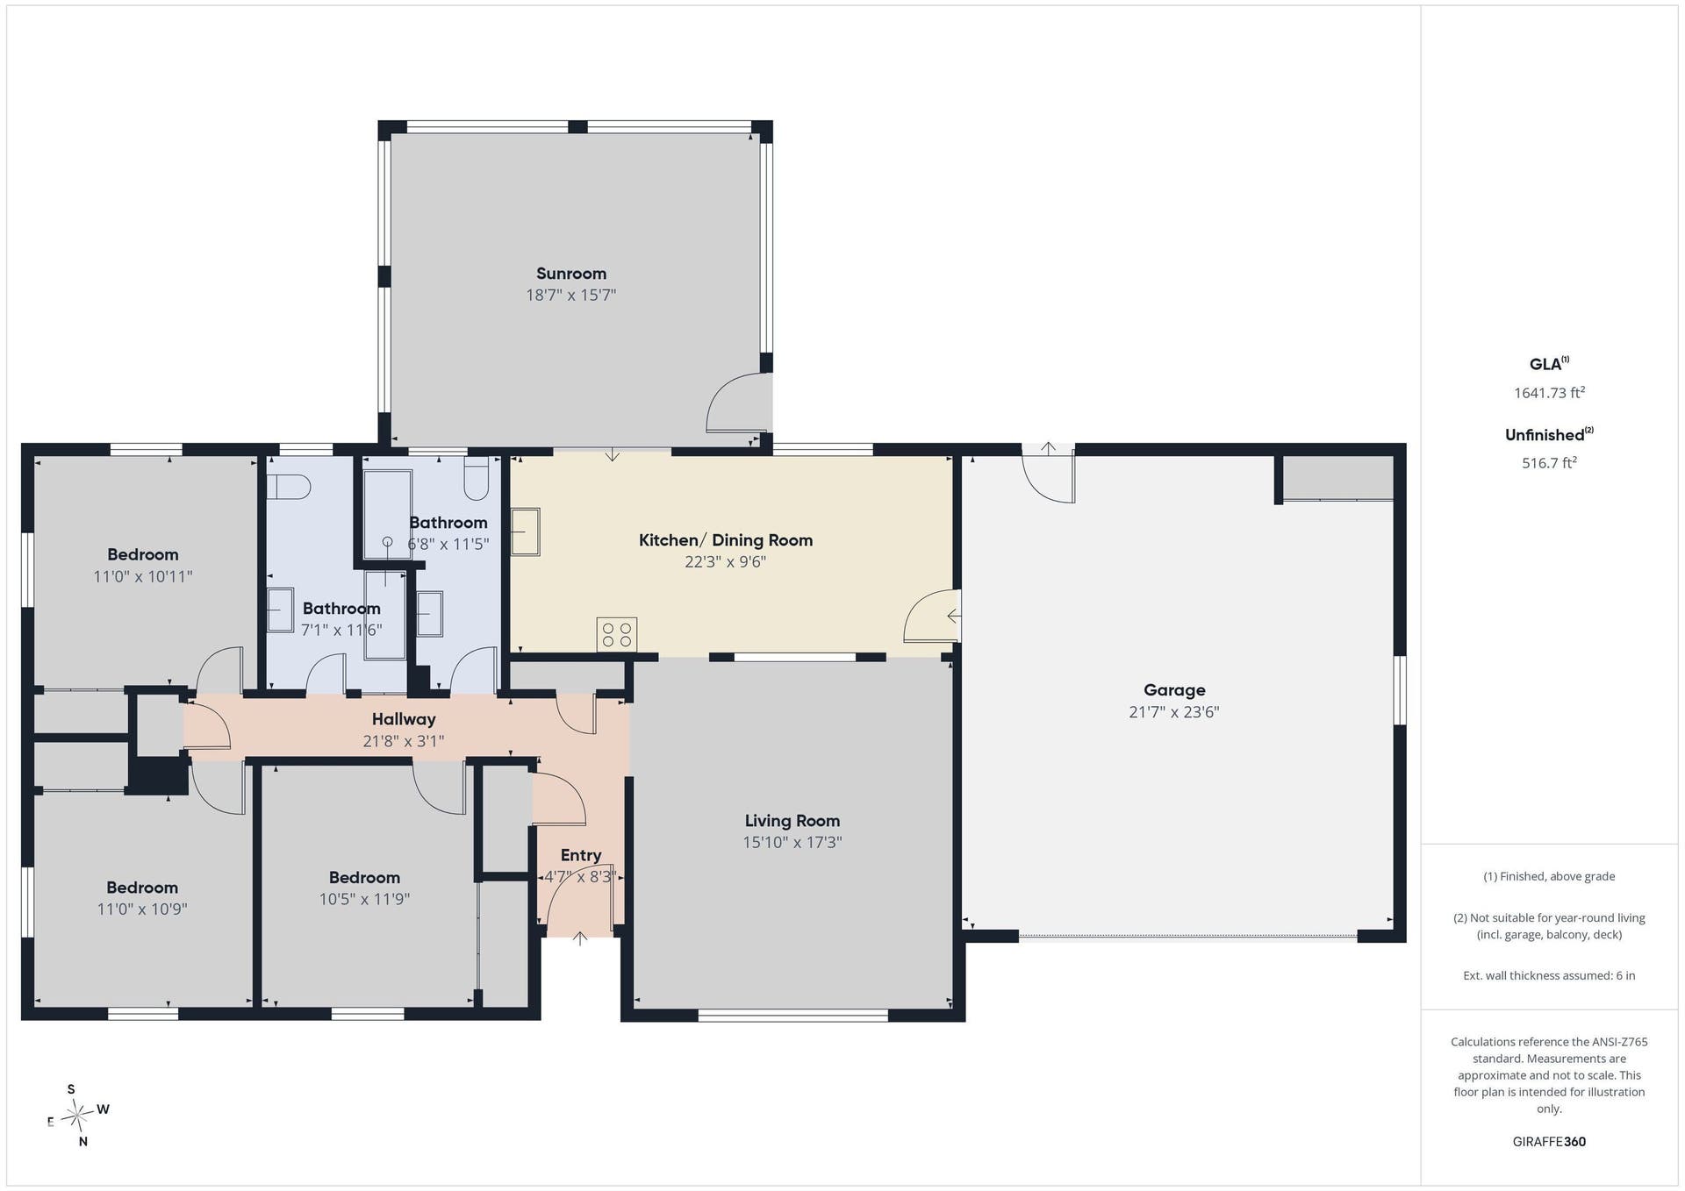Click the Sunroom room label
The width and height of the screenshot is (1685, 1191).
pos(571,274)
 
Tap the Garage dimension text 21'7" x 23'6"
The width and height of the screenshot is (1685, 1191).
pos(1174,712)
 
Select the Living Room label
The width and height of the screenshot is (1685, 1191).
pos(792,821)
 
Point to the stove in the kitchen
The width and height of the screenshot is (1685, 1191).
pos(617,634)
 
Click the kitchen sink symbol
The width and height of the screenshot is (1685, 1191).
pos(526,531)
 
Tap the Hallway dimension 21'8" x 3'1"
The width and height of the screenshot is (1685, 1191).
pos(404,741)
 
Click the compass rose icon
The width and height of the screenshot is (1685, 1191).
pos(79,1116)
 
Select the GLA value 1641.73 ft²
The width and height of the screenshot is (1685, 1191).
pos(1549,393)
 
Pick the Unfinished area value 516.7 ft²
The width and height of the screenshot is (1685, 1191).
pos(1549,463)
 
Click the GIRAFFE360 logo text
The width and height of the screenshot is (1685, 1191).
pos(1549,1142)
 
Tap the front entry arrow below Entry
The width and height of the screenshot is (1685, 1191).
pos(580,938)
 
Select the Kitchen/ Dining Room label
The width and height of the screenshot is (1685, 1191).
pos(726,540)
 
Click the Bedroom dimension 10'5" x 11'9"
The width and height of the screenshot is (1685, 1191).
pos(364,899)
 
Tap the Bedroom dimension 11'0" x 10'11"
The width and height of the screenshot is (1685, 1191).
pos(143,576)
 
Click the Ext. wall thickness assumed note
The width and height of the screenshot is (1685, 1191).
pos(1549,975)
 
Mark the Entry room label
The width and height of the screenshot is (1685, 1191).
pos(581,855)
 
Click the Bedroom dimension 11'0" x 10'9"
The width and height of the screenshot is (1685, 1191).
pos(142,909)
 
